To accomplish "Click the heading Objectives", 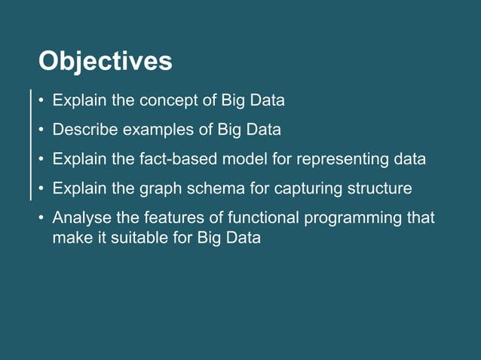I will coord(105,60).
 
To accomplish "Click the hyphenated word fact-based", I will coord(178,160).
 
